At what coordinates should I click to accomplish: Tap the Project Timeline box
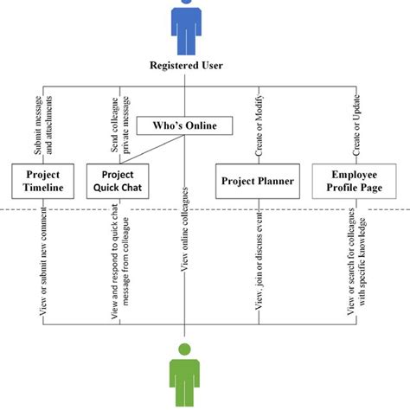[38, 181]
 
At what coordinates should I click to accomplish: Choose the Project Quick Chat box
[118, 181]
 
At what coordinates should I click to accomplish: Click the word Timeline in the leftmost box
[38, 188]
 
